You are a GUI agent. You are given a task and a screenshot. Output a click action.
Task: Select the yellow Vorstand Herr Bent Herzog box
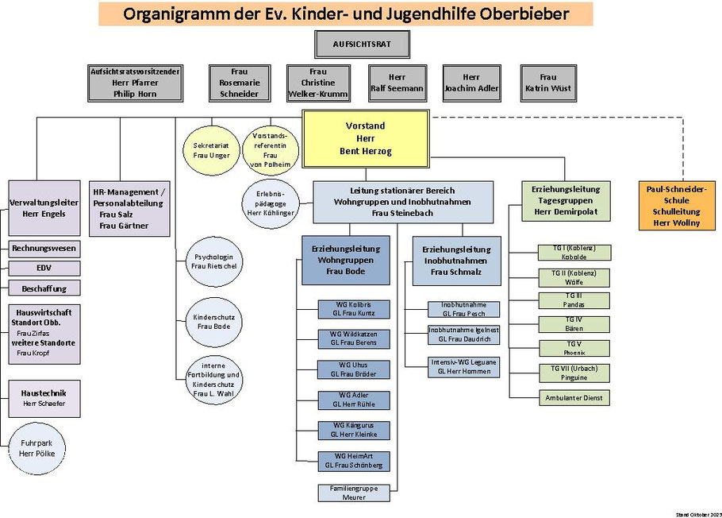(x=365, y=139)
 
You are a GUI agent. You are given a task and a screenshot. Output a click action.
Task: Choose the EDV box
(x=44, y=269)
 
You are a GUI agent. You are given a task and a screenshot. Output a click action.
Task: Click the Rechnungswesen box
(x=44, y=249)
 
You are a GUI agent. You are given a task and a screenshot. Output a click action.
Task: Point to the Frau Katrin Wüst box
(x=548, y=83)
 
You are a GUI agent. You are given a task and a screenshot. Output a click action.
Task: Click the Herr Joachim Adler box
(x=471, y=83)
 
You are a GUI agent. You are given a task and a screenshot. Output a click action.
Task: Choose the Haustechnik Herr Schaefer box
(x=44, y=398)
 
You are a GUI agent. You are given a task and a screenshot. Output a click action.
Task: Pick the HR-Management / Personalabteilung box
(x=131, y=209)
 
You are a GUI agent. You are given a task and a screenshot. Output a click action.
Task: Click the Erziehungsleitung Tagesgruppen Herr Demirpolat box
(x=565, y=201)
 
